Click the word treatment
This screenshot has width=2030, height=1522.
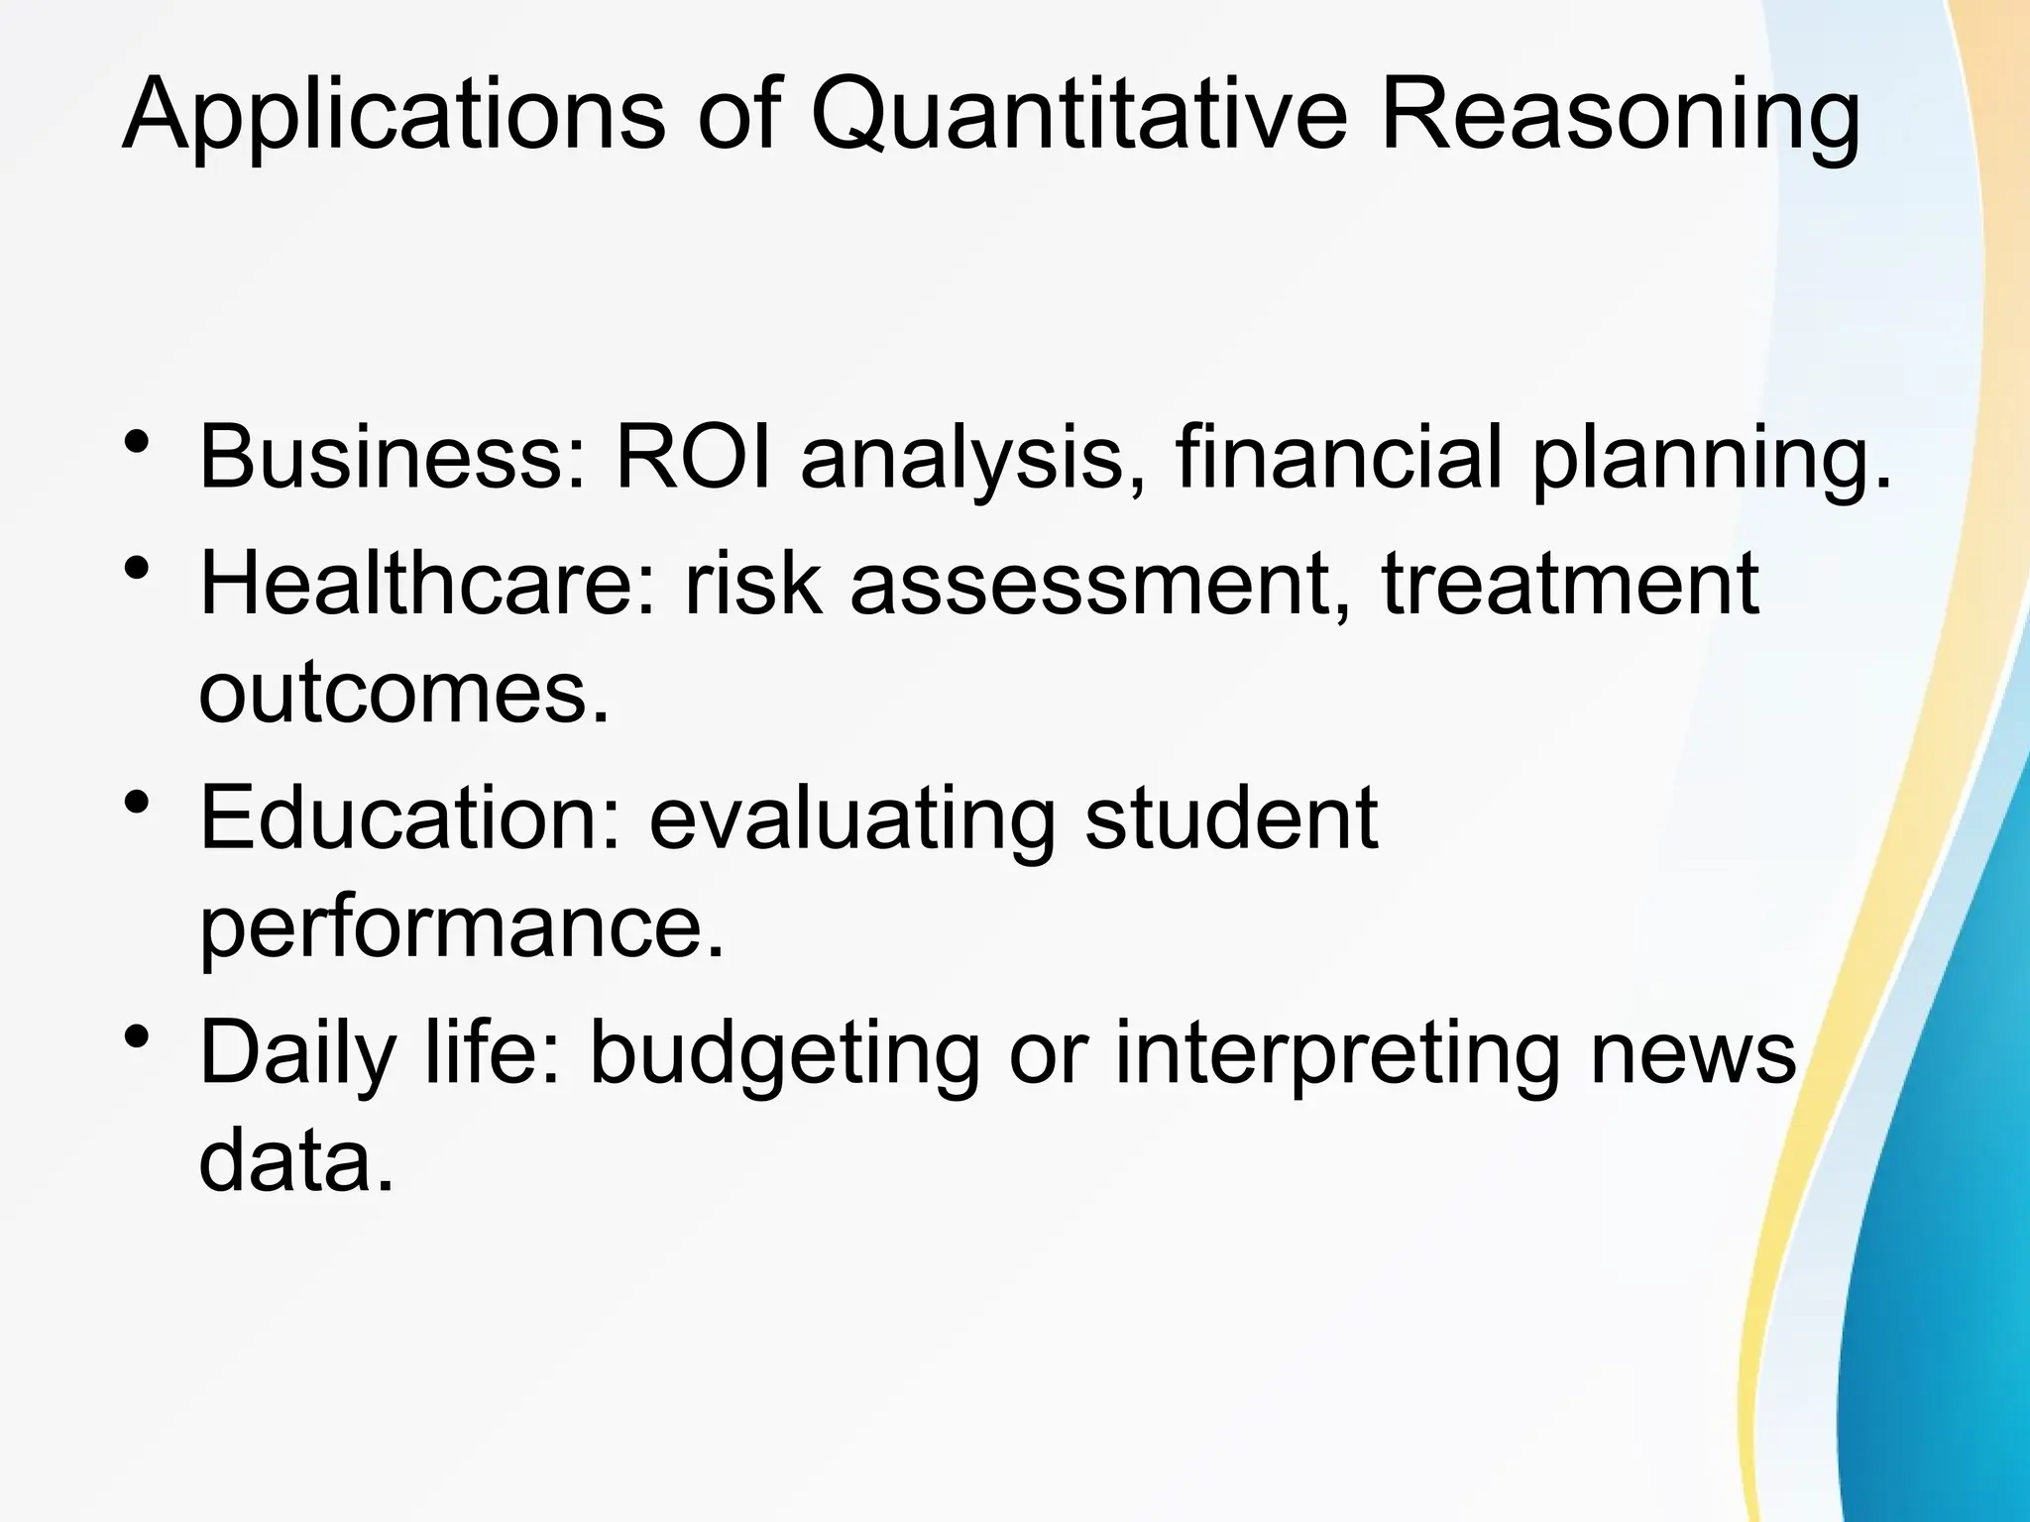coord(1570,585)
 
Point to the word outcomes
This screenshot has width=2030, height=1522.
coord(402,691)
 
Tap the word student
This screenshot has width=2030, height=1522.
coord(1231,817)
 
